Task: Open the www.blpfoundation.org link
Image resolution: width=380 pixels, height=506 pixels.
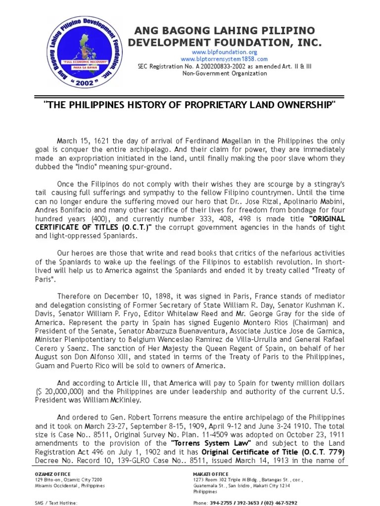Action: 225,52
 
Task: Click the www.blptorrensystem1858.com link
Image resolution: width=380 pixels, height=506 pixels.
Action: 225,59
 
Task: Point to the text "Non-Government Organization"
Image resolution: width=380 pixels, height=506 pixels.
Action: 225,74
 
